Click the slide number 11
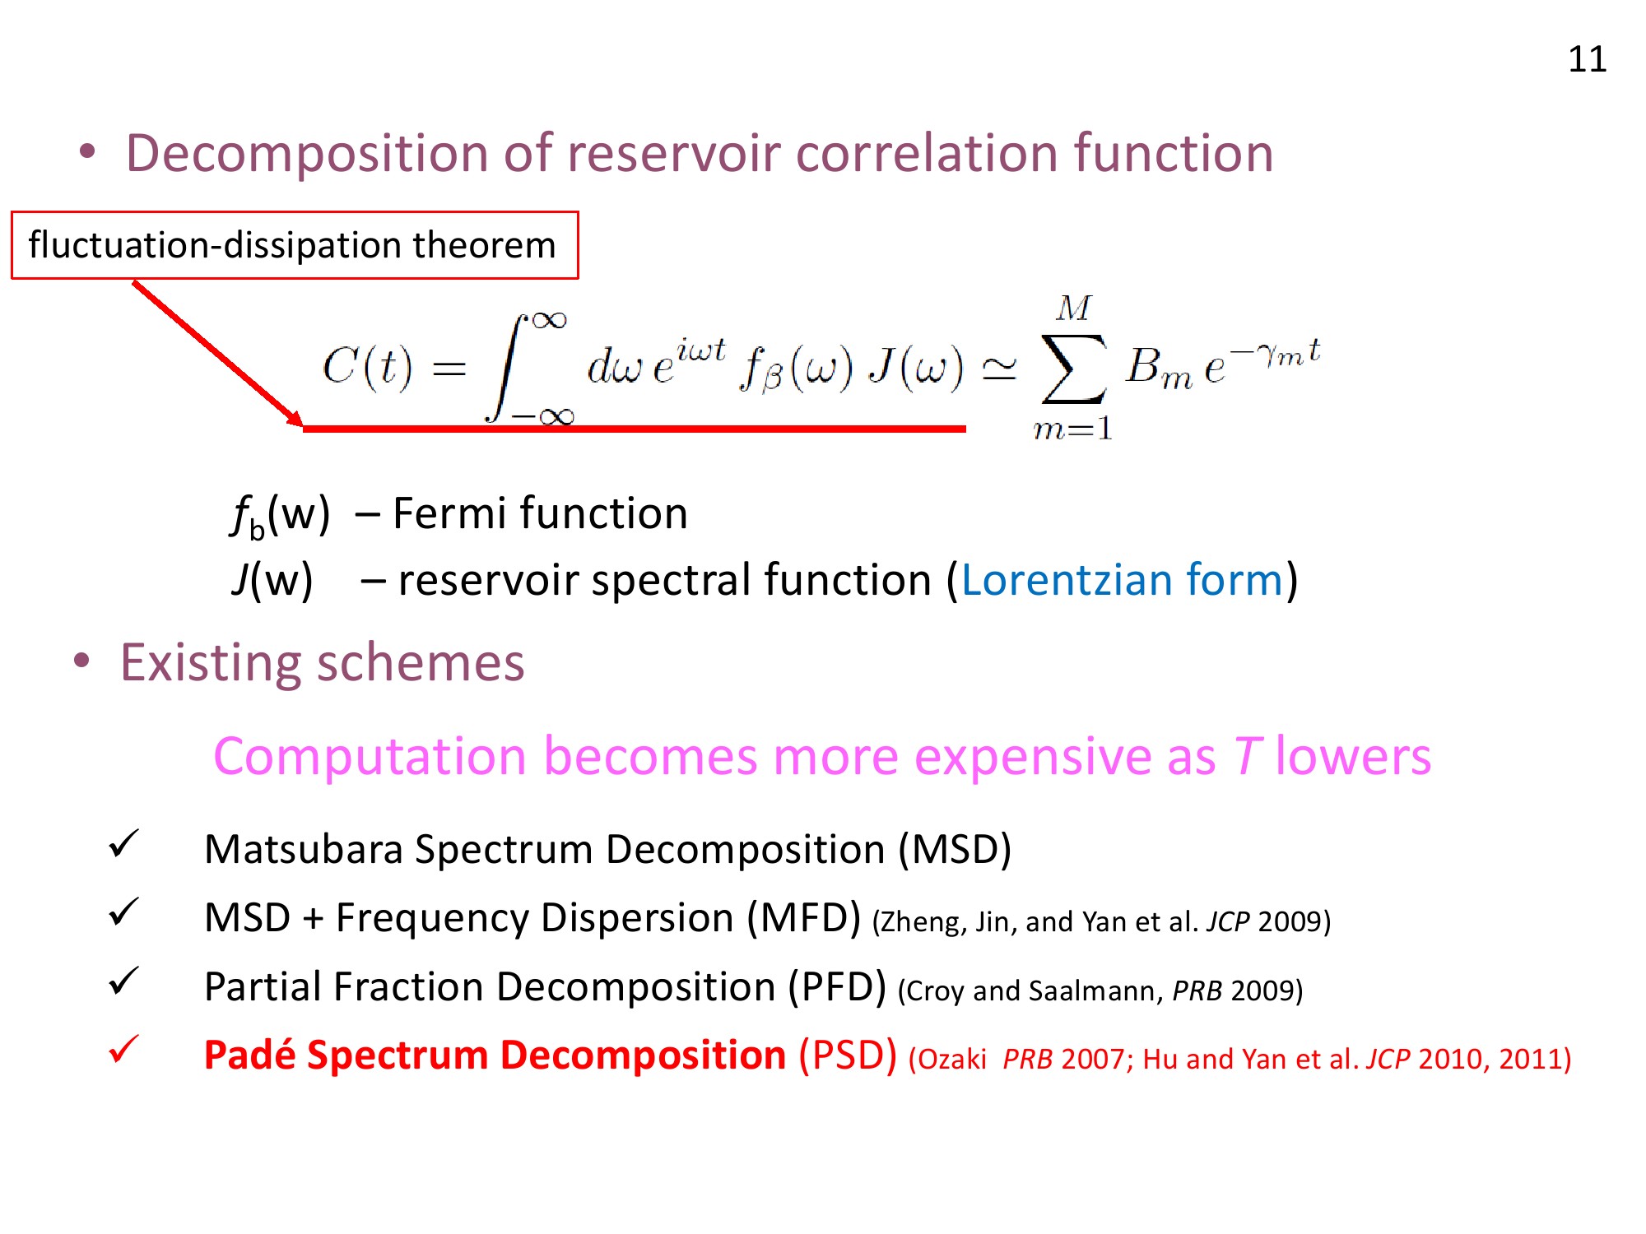[x=1587, y=59]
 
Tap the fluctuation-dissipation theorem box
[x=295, y=245]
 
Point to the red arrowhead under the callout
[x=295, y=418]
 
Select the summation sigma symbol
[x=1073, y=369]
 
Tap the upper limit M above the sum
[x=1074, y=308]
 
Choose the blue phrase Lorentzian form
[x=1123, y=580]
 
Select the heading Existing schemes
[x=323, y=663]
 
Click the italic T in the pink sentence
[x=1248, y=756]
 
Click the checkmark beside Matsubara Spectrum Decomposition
[x=123, y=844]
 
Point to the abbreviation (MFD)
[x=804, y=918]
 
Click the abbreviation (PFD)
[x=837, y=987]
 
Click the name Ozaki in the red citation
[x=952, y=1060]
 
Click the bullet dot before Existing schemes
[x=81, y=661]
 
